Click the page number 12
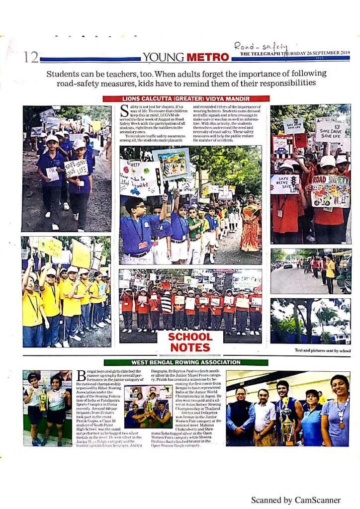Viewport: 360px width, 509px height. (30, 58)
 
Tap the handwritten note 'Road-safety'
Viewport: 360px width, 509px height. (261, 47)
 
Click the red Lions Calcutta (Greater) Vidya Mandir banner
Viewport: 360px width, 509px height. (186, 98)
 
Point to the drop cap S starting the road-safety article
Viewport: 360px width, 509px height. (125, 110)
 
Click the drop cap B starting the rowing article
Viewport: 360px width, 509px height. (82, 376)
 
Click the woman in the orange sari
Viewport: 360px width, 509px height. (251, 225)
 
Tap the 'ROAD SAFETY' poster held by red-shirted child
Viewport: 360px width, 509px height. (330, 191)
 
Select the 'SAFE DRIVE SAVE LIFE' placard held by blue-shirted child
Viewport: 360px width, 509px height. (76, 168)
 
